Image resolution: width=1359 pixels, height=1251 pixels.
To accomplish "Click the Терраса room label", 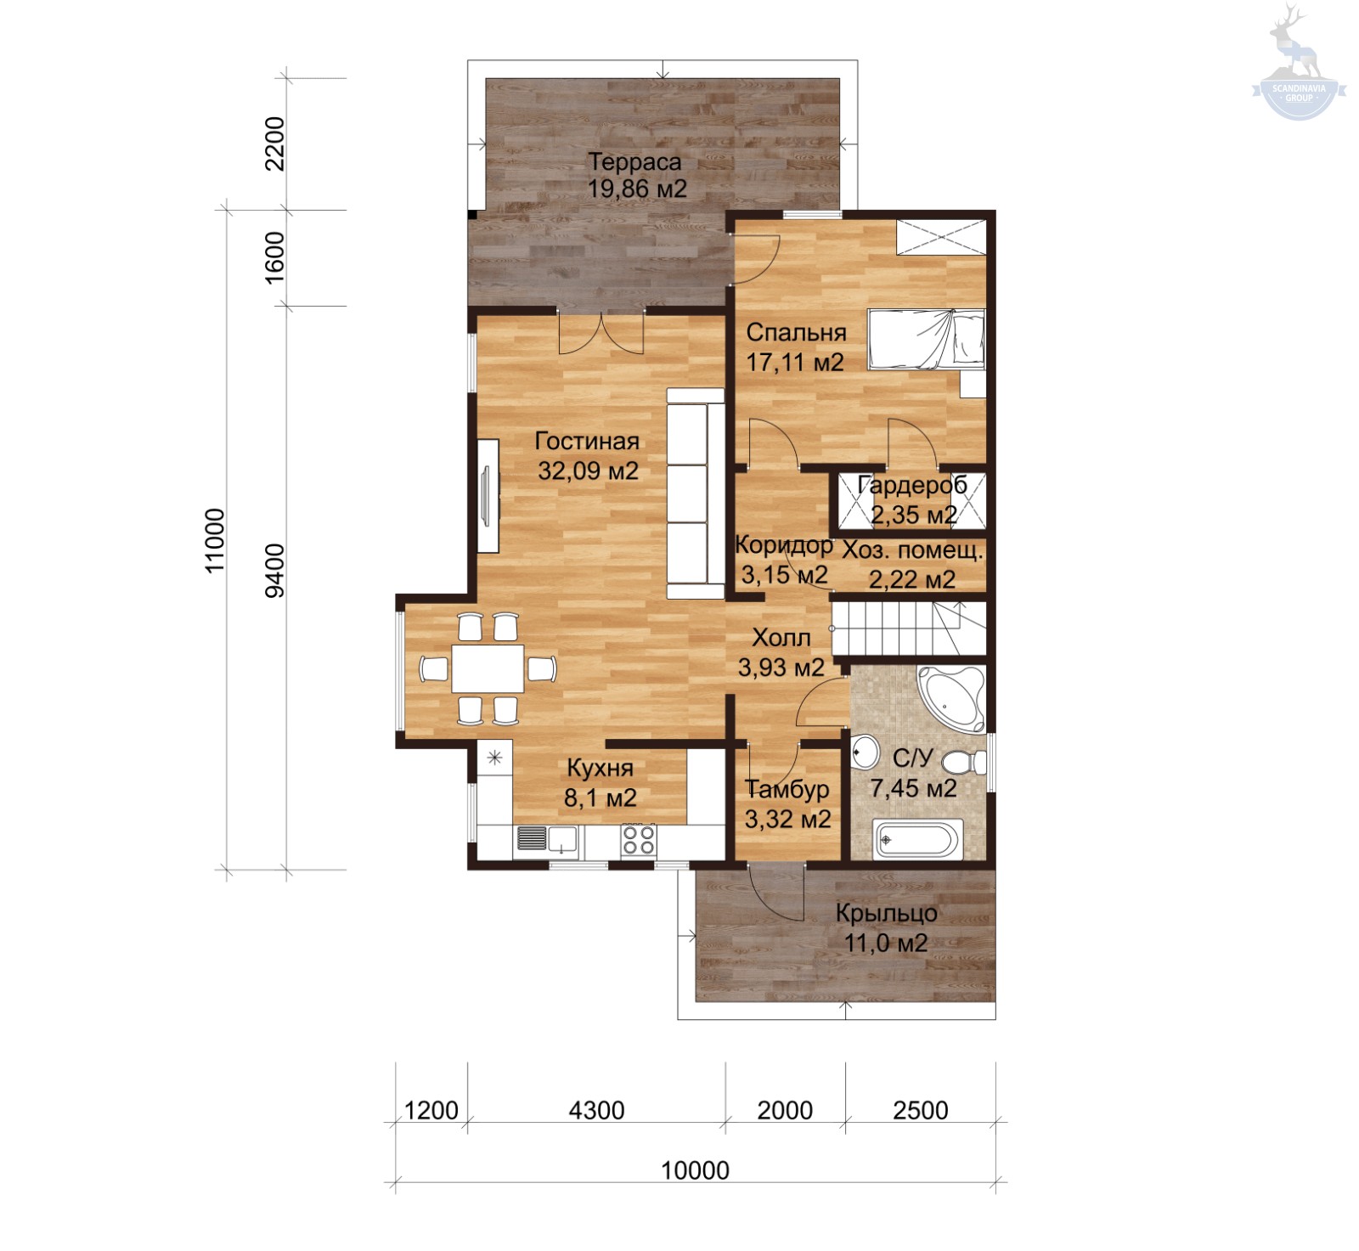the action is click(x=634, y=161).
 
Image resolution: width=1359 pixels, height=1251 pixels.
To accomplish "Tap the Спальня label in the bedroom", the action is click(x=796, y=333).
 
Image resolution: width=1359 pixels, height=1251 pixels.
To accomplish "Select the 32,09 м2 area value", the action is click(x=588, y=471).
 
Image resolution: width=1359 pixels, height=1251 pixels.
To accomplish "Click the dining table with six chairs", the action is click(x=488, y=669).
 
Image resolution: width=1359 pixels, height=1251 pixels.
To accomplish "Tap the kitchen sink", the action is click(x=547, y=840).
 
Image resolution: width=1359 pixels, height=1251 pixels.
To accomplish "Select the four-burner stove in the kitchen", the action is click(x=638, y=840).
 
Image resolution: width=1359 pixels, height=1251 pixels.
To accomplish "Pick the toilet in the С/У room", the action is click(x=965, y=762).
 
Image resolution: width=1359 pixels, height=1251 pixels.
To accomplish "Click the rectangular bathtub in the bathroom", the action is click(x=918, y=840).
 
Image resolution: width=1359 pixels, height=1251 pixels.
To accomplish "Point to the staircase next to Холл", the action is click(x=908, y=628).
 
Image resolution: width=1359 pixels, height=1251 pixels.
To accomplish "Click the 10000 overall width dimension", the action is click(x=695, y=1170).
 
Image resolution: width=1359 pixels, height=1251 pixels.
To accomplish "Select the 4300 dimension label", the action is click(x=596, y=1110).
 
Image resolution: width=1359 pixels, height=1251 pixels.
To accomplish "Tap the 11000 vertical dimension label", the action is click(x=216, y=540).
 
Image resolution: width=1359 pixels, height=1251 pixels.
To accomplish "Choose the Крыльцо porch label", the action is click(x=887, y=913).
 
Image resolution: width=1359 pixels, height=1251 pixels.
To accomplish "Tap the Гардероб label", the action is click(x=912, y=485).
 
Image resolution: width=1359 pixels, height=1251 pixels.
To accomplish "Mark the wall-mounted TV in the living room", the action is click(x=488, y=497).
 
